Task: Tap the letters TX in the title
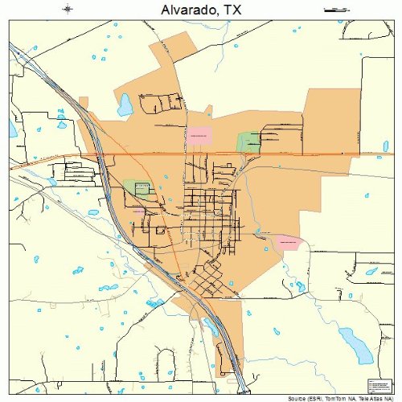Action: (232, 10)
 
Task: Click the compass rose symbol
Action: (68, 10)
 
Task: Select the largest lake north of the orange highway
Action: (125, 104)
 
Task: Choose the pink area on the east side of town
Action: (287, 240)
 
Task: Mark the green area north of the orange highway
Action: (248, 142)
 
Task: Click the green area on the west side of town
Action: (137, 189)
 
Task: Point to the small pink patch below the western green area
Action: (138, 210)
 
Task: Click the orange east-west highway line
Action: (306, 153)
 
